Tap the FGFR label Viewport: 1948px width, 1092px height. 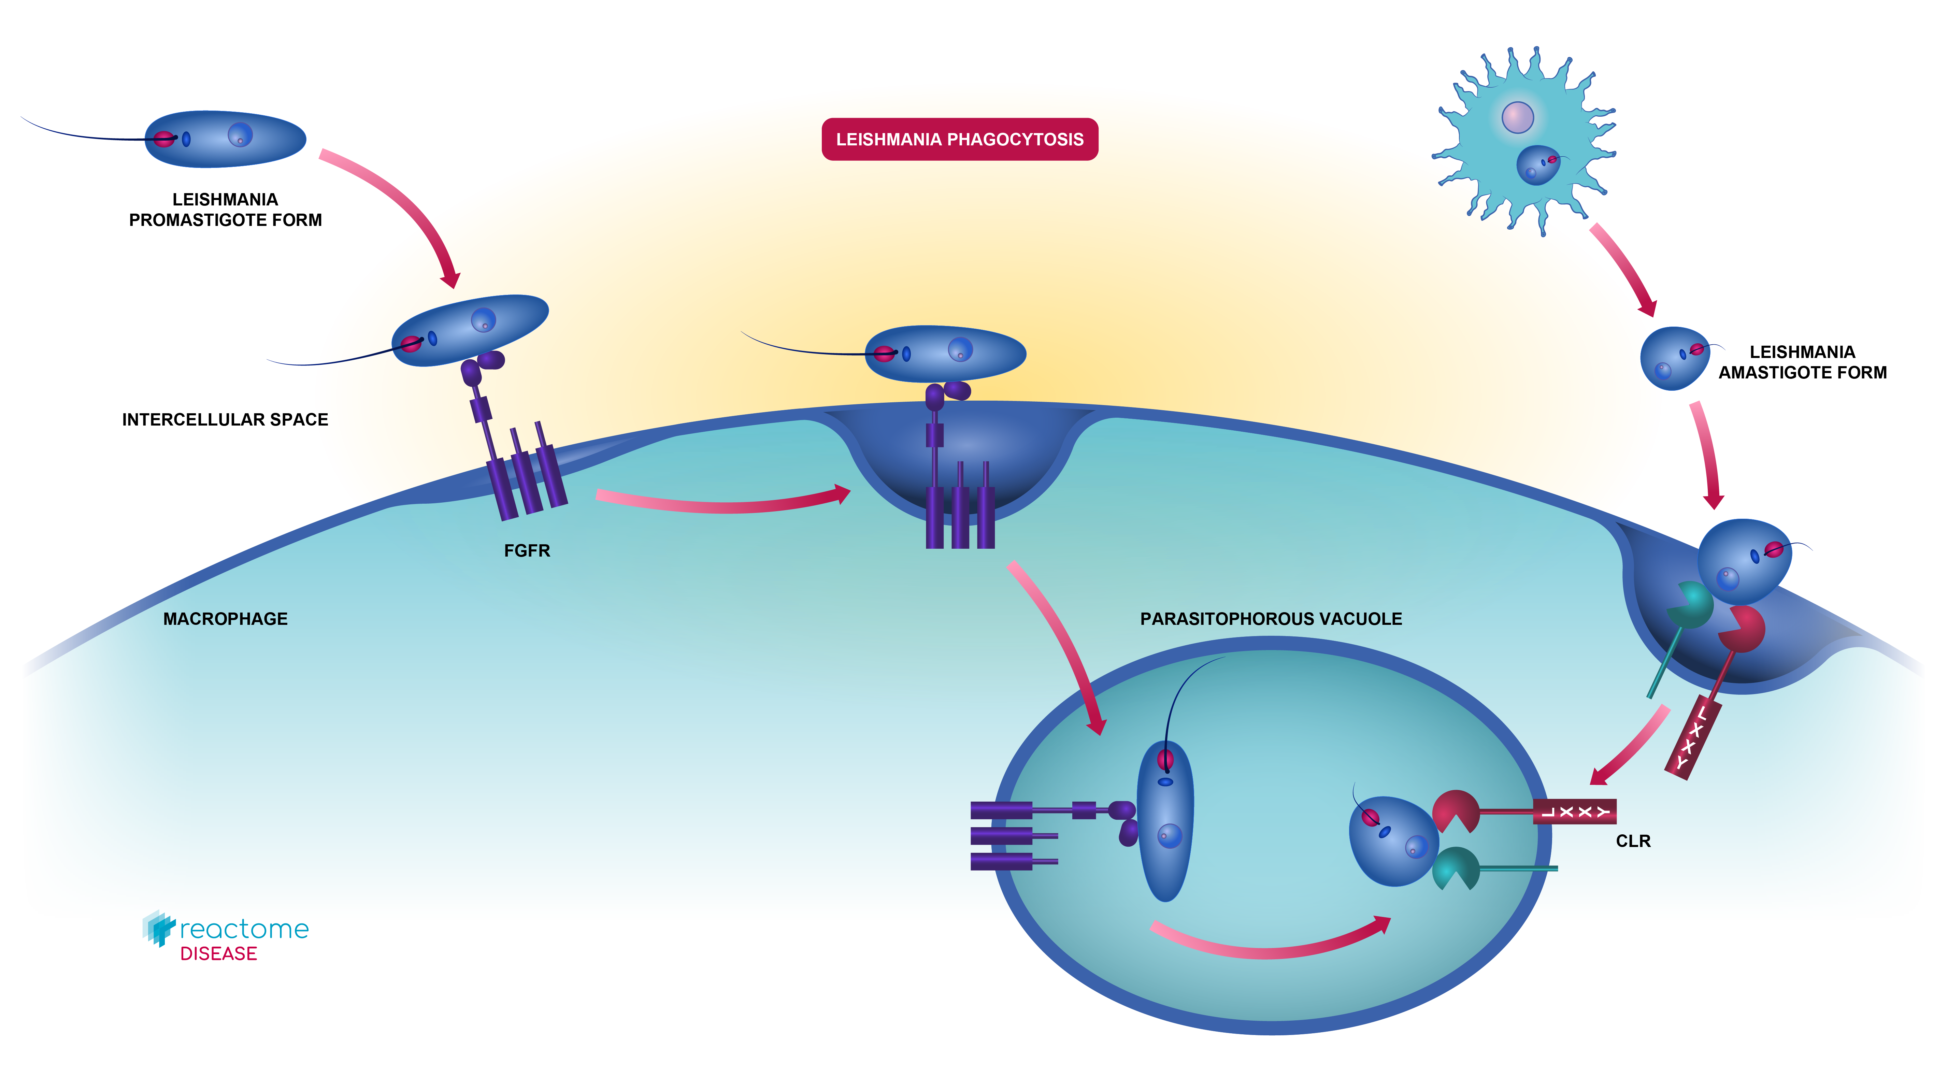527,550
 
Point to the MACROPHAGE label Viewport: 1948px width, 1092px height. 225,619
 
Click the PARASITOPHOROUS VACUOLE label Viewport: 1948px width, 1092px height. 1271,619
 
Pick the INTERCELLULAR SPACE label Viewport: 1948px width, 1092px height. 225,420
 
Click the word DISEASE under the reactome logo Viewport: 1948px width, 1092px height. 218,953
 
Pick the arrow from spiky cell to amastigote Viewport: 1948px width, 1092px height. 1624,269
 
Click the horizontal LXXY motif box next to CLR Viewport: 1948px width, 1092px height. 1574,811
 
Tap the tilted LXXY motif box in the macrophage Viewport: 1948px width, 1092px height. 1692,737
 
